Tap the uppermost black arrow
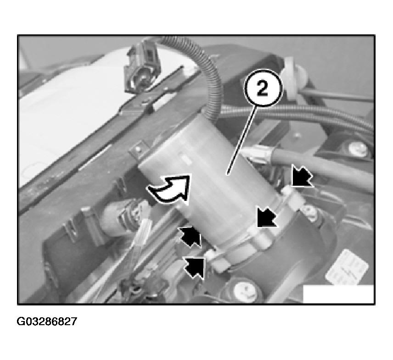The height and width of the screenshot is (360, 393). coord(302,177)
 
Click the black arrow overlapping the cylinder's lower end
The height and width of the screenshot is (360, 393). coord(266,217)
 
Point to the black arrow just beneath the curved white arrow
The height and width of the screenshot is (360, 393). coord(191,237)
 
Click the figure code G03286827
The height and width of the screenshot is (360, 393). coord(47,321)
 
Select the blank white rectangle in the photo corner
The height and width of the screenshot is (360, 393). coord(338,294)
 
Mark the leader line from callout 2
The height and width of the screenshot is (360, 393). coord(241,140)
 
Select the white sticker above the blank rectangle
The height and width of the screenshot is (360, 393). coord(347,267)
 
